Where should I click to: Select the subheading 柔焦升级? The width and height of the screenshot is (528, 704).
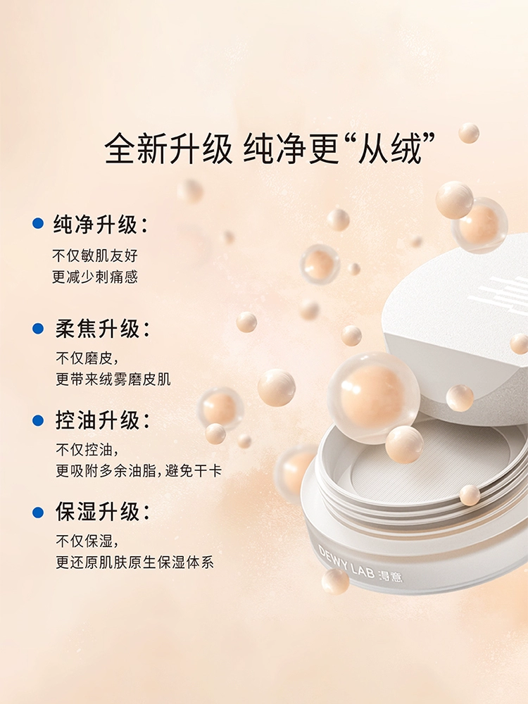[102, 329]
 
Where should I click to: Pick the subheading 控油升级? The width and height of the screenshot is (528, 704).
[102, 421]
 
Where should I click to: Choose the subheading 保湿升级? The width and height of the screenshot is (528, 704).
[102, 512]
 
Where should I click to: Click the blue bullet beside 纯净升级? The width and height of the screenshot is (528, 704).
[38, 224]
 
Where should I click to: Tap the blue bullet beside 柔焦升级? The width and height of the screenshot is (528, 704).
[38, 329]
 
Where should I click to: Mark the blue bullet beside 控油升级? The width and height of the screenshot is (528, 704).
[38, 421]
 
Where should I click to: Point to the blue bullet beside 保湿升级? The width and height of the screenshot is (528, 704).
[38, 512]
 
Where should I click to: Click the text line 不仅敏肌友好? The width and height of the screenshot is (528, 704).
[95, 256]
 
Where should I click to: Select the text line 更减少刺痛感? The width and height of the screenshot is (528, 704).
[95, 277]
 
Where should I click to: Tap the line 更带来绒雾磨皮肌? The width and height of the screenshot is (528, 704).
[113, 379]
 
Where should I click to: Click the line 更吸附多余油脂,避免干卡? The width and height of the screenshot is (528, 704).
[139, 471]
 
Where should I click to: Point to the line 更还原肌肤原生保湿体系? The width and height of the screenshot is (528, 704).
[134, 562]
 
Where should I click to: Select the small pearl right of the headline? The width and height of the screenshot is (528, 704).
[469, 133]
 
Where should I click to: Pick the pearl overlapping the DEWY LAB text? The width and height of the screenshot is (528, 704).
[335, 581]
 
